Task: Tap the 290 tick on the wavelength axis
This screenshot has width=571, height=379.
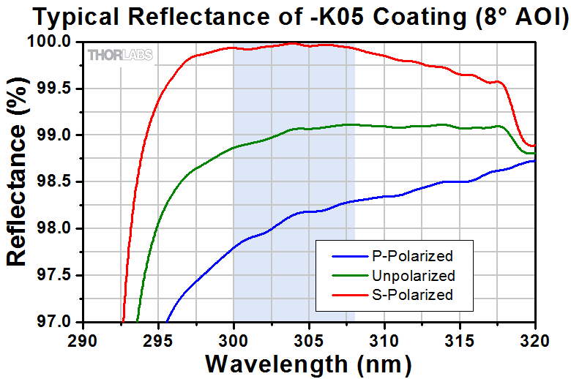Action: pyautogui.click(x=82, y=340)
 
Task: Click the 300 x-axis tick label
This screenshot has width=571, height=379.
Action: pyautogui.click(x=234, y=340)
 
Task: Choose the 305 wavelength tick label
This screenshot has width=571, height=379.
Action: pyautogui.click(x=309, y=340)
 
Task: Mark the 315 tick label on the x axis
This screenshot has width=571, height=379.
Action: pyautogui.click(x=460, y=340)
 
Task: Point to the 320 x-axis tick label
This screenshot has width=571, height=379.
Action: pyautogui.click(x=535, y=340)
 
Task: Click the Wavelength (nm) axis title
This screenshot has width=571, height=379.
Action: pyautogui.click(x=308, y=364)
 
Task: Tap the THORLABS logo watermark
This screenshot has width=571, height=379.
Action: pyautogui.click(x=120, y=55)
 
